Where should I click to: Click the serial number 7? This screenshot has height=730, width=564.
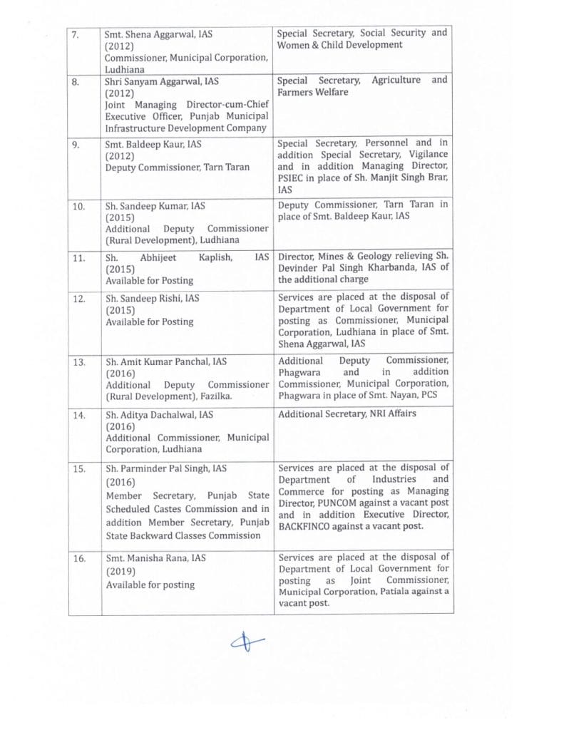pos(76,34)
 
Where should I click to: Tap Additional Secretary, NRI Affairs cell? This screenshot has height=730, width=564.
pos(348,413)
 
